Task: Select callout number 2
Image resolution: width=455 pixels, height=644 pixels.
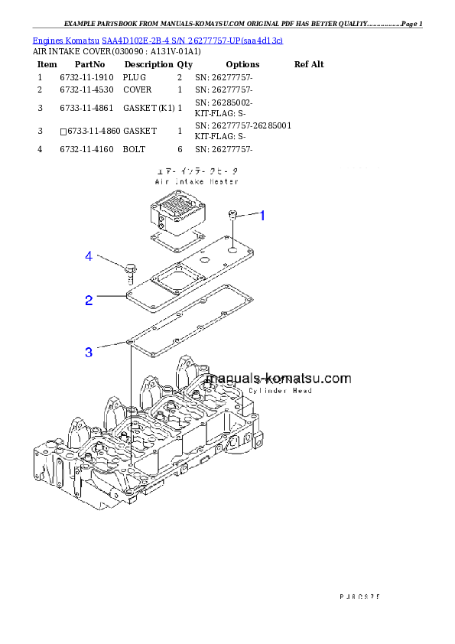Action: pos(89,301)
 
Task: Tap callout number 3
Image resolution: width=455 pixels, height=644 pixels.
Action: pos(89,353)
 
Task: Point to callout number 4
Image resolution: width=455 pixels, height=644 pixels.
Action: pos(89,257)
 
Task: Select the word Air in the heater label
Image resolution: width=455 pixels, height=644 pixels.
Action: pos(160,182)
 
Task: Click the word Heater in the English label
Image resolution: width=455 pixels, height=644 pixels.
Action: pos(223,182)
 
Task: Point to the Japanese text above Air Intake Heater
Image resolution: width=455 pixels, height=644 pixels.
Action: pos(195,172)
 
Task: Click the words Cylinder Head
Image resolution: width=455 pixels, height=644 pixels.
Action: pos(280,391)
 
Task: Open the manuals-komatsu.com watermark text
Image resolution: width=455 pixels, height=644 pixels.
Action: pos(278,378)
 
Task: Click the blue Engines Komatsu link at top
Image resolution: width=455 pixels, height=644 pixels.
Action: pos(158,40)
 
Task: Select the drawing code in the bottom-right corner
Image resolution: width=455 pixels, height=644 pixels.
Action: pos(359,594)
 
